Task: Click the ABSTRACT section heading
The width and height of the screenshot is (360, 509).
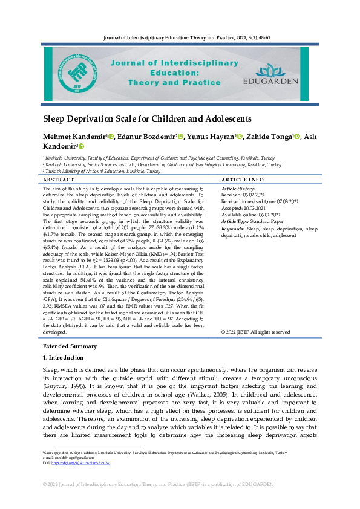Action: point(59,180)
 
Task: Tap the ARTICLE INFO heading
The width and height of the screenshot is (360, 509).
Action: point(242,180)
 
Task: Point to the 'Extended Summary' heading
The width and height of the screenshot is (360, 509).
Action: point(70,346)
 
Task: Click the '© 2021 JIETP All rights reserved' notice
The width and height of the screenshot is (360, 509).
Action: point(255,332)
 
